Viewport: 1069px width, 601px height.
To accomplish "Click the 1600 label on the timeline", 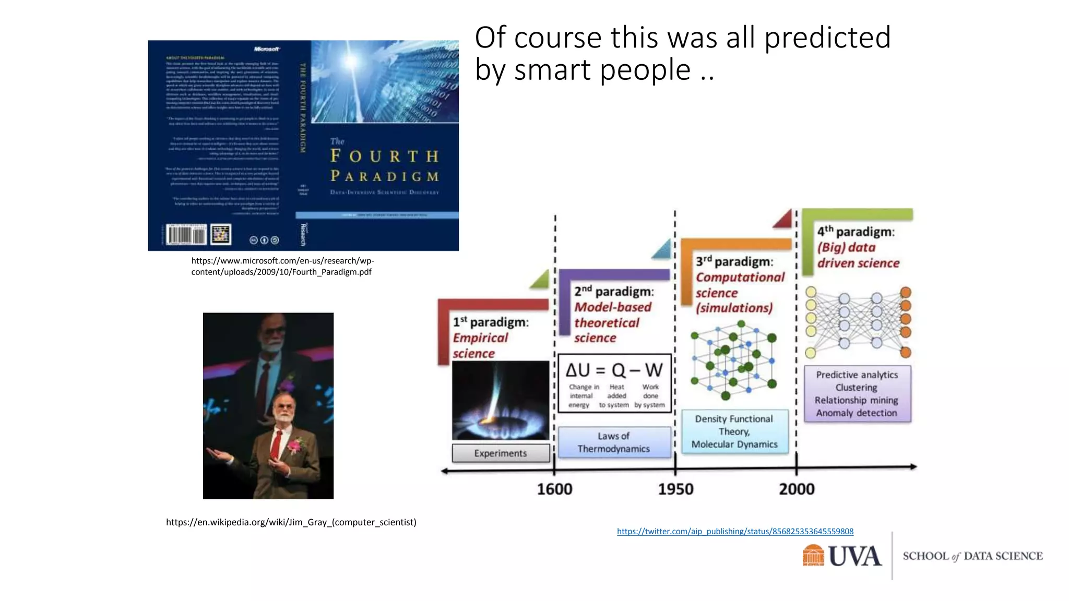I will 554,489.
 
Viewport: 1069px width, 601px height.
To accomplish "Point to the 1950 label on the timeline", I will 675,489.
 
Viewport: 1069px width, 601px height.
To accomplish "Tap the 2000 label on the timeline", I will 797,489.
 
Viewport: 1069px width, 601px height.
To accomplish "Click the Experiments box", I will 501,453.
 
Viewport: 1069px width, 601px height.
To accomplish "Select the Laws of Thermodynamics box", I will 614,442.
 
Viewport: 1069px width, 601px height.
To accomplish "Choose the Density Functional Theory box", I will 734,431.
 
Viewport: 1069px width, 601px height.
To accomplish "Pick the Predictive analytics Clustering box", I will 857,393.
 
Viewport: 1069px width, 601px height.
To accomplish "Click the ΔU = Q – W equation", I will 614,370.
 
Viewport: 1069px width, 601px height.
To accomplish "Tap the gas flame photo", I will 500,400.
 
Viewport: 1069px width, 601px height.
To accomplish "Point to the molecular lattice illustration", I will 733,361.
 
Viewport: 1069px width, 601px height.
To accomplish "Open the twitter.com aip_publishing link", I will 735,531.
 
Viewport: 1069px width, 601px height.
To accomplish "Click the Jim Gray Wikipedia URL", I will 291,522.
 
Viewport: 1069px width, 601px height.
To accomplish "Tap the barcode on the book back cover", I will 186,235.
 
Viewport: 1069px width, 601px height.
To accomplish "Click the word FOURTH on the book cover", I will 384,156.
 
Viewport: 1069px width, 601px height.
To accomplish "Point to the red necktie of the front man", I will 275,444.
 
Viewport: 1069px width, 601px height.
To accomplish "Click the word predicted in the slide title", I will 827,38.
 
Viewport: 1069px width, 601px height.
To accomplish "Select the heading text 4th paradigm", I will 856,231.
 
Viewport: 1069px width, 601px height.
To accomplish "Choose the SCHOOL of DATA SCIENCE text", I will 972,556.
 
